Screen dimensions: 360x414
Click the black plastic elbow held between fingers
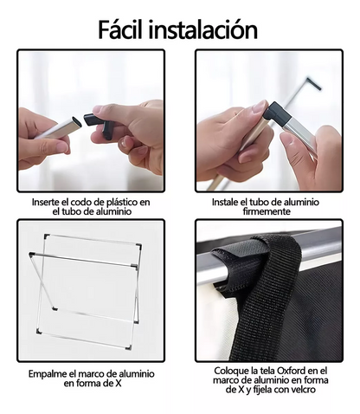coord(100,124)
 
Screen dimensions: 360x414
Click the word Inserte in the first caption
coord(47,202)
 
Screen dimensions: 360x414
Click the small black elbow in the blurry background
coord(313,84)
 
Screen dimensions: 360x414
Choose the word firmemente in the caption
coord(267,211)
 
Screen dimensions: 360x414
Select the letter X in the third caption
coord(118,384)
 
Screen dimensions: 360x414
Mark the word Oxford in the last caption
coord(292,371)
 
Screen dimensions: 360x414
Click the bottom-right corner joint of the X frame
coord(129,347)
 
